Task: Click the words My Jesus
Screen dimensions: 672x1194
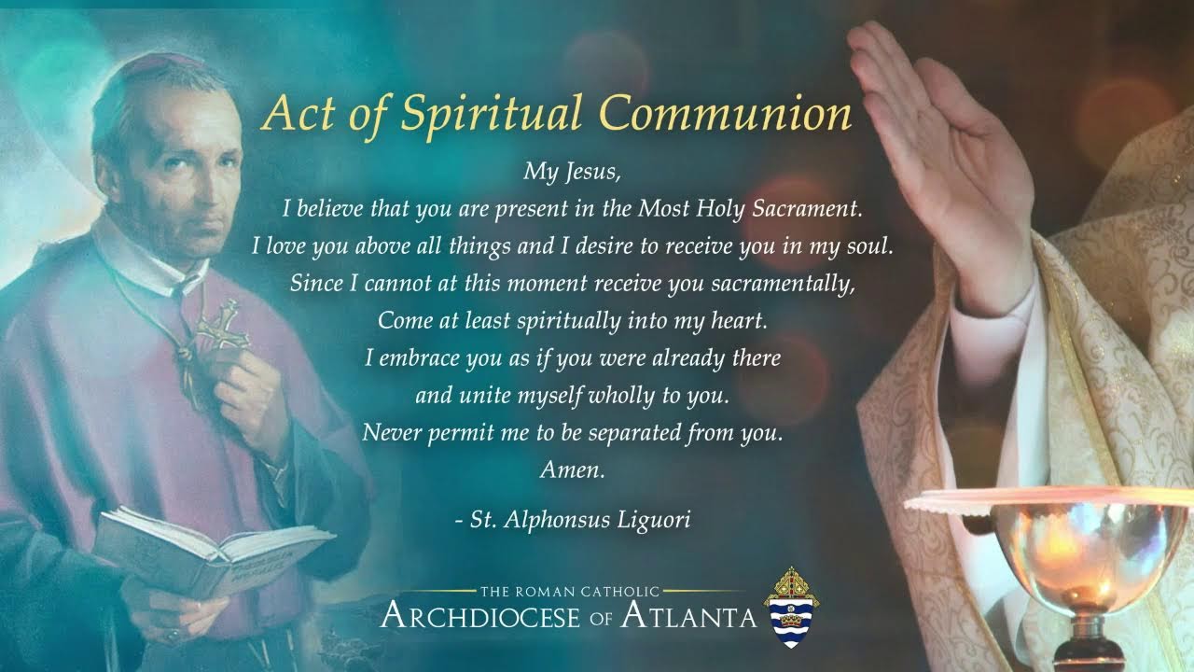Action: point(571,171)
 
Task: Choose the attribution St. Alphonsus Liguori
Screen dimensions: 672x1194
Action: point(573,520)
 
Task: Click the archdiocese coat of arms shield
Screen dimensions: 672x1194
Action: point(791,609)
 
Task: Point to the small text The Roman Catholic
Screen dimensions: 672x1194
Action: point(570,591)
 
